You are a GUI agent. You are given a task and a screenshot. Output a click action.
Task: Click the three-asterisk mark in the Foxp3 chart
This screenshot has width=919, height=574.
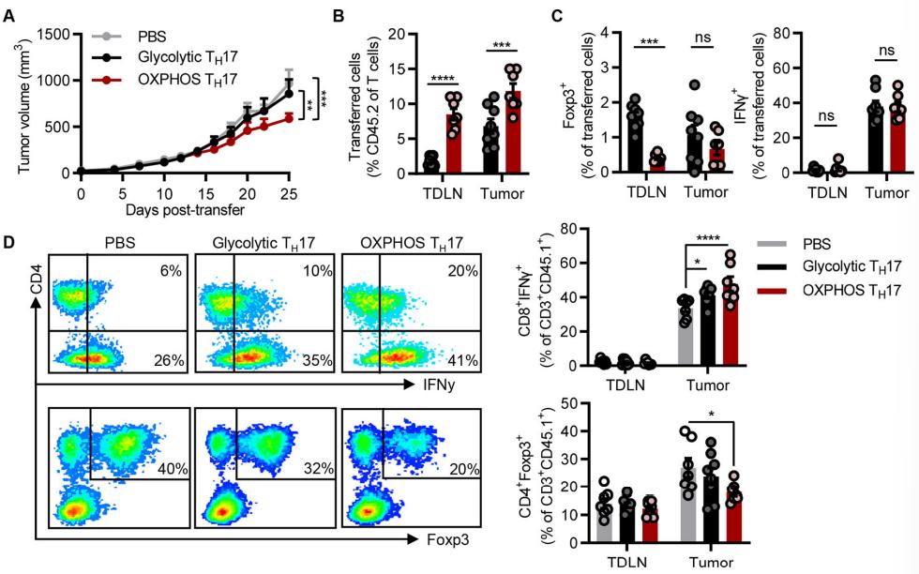click(x=652, y=43)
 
